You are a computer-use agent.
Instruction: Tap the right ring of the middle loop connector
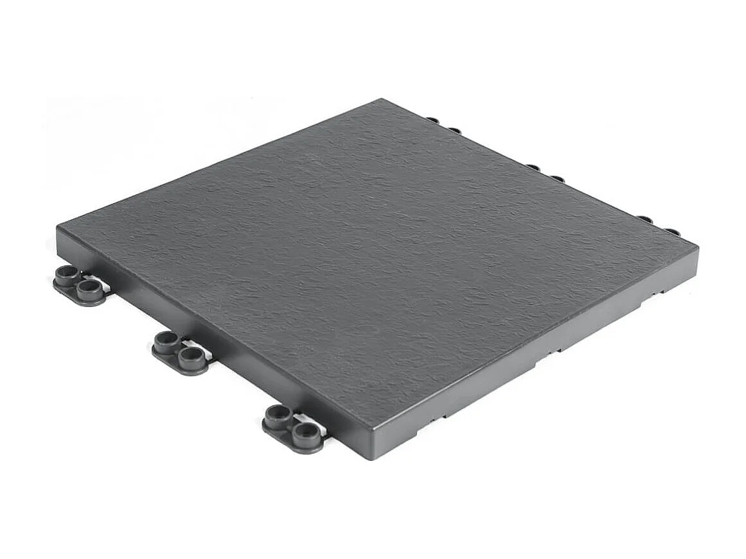(191, 356)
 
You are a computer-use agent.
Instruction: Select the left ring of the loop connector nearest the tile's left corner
(68, 274)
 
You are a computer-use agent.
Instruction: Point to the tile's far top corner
(382, 99)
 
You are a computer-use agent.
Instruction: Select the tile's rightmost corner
(697, 246)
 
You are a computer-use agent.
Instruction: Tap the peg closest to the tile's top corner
(432, 120)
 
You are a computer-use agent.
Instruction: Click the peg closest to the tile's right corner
(672, 231)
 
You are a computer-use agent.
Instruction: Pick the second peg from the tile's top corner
(454, 130)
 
